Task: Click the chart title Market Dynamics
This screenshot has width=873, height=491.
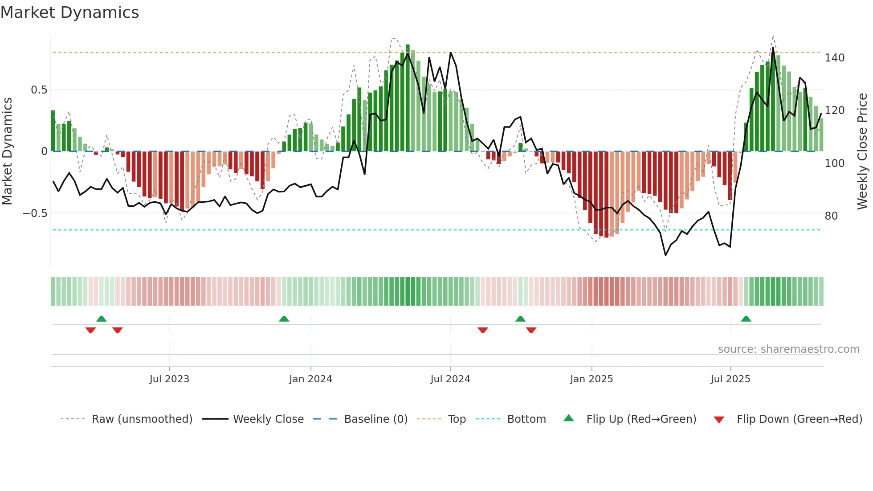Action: [x=70, y=12]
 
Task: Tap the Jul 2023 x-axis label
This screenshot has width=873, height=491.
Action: [x=169, y=379]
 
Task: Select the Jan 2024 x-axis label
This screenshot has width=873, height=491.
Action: [x=310, y=379]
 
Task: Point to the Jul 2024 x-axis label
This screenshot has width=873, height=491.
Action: [x=450, y=379]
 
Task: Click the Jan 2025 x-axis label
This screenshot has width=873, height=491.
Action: [x=592, y=379]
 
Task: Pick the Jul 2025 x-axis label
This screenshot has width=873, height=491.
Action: [x=730, y=379]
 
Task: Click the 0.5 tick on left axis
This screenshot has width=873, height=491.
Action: [x=39, y=90]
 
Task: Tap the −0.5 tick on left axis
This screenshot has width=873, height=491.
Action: [x=35, y=213]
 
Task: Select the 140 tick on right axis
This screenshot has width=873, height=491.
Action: [x=835, y=58]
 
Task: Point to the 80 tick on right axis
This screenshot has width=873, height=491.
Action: [x=831, y=216]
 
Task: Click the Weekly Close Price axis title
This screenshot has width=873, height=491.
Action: [x=863, y=151]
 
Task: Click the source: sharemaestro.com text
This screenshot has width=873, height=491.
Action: [x=788, y=349]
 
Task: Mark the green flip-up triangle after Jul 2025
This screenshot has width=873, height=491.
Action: [x=746, y=319]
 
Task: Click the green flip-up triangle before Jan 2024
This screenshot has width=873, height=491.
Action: [x=284, y=319]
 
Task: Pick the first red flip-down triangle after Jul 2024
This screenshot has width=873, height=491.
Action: [x=483, y=330]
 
